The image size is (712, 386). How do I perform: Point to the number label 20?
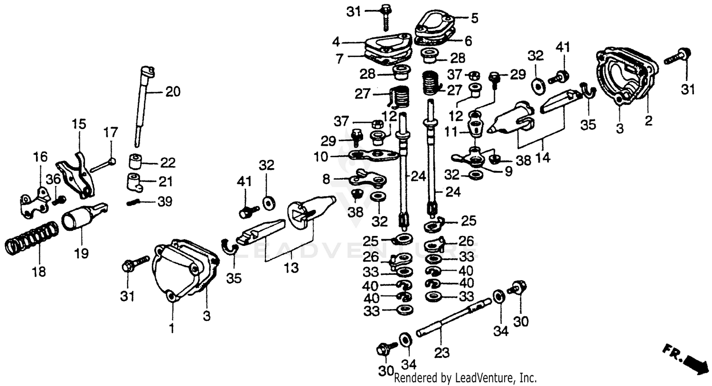click(x=173, y=91)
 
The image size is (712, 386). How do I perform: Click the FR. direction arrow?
click(x=684, y=356)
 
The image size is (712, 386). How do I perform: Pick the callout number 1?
click(x=172, y=328)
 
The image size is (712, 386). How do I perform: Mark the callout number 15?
click(x=79, y=125)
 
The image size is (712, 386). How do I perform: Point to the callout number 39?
click(x=165, y=202)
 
